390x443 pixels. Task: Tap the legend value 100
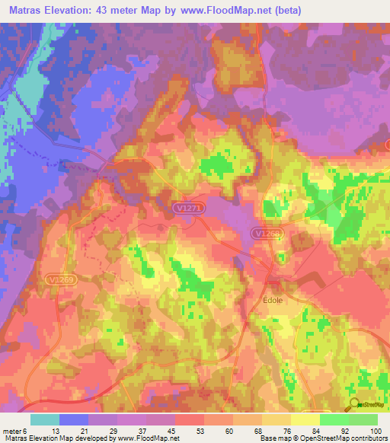(x=375, y=431)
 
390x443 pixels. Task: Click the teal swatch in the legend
(x=45, y=419)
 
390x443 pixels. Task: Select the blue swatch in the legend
(x=74, y=419)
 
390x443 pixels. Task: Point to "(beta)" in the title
(x=288, y=11)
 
